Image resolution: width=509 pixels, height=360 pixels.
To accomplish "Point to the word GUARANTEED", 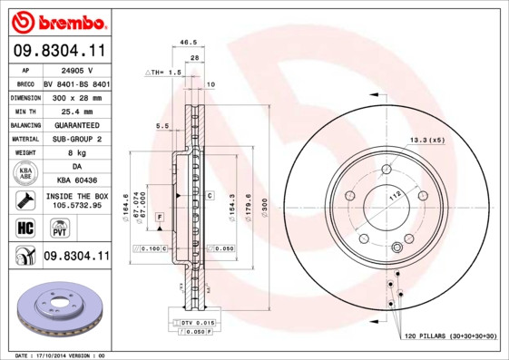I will [x=76, y=124].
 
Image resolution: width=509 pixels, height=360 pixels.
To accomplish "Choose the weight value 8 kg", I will [x=76, y=153].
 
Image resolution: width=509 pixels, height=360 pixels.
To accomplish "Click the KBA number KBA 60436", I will [x=76, y=181].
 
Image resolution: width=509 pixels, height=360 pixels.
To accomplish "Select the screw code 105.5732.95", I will [x=76, y=205].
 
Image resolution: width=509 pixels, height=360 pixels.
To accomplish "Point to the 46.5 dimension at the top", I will [x=189, y=42].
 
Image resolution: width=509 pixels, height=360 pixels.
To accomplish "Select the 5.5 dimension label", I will [x=162, y=126].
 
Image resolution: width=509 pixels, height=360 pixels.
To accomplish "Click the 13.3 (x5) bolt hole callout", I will [x=426, y=141].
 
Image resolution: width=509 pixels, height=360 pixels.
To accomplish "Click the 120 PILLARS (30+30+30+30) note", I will [x=451, y=336].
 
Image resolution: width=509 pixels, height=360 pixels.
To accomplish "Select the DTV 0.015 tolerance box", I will [x=196, y=322].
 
